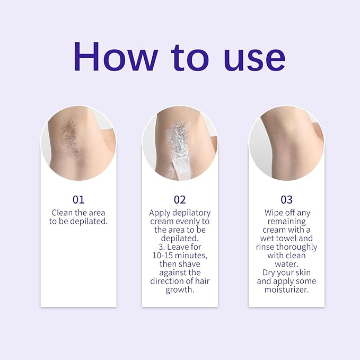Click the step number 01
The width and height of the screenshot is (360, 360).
[x=78, y=200]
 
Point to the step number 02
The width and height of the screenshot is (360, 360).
[x=180, y=200]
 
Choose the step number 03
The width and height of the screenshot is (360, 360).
[x=286, y=200]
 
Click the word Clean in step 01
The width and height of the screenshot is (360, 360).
[x=62, y=213]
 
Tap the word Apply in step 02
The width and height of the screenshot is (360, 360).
[x=160, y=213]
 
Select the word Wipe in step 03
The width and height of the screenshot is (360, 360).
[x=274, y=213]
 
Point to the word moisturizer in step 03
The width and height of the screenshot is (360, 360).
[x=286, y=289]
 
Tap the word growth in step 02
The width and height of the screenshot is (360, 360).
[x=180, y=289]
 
